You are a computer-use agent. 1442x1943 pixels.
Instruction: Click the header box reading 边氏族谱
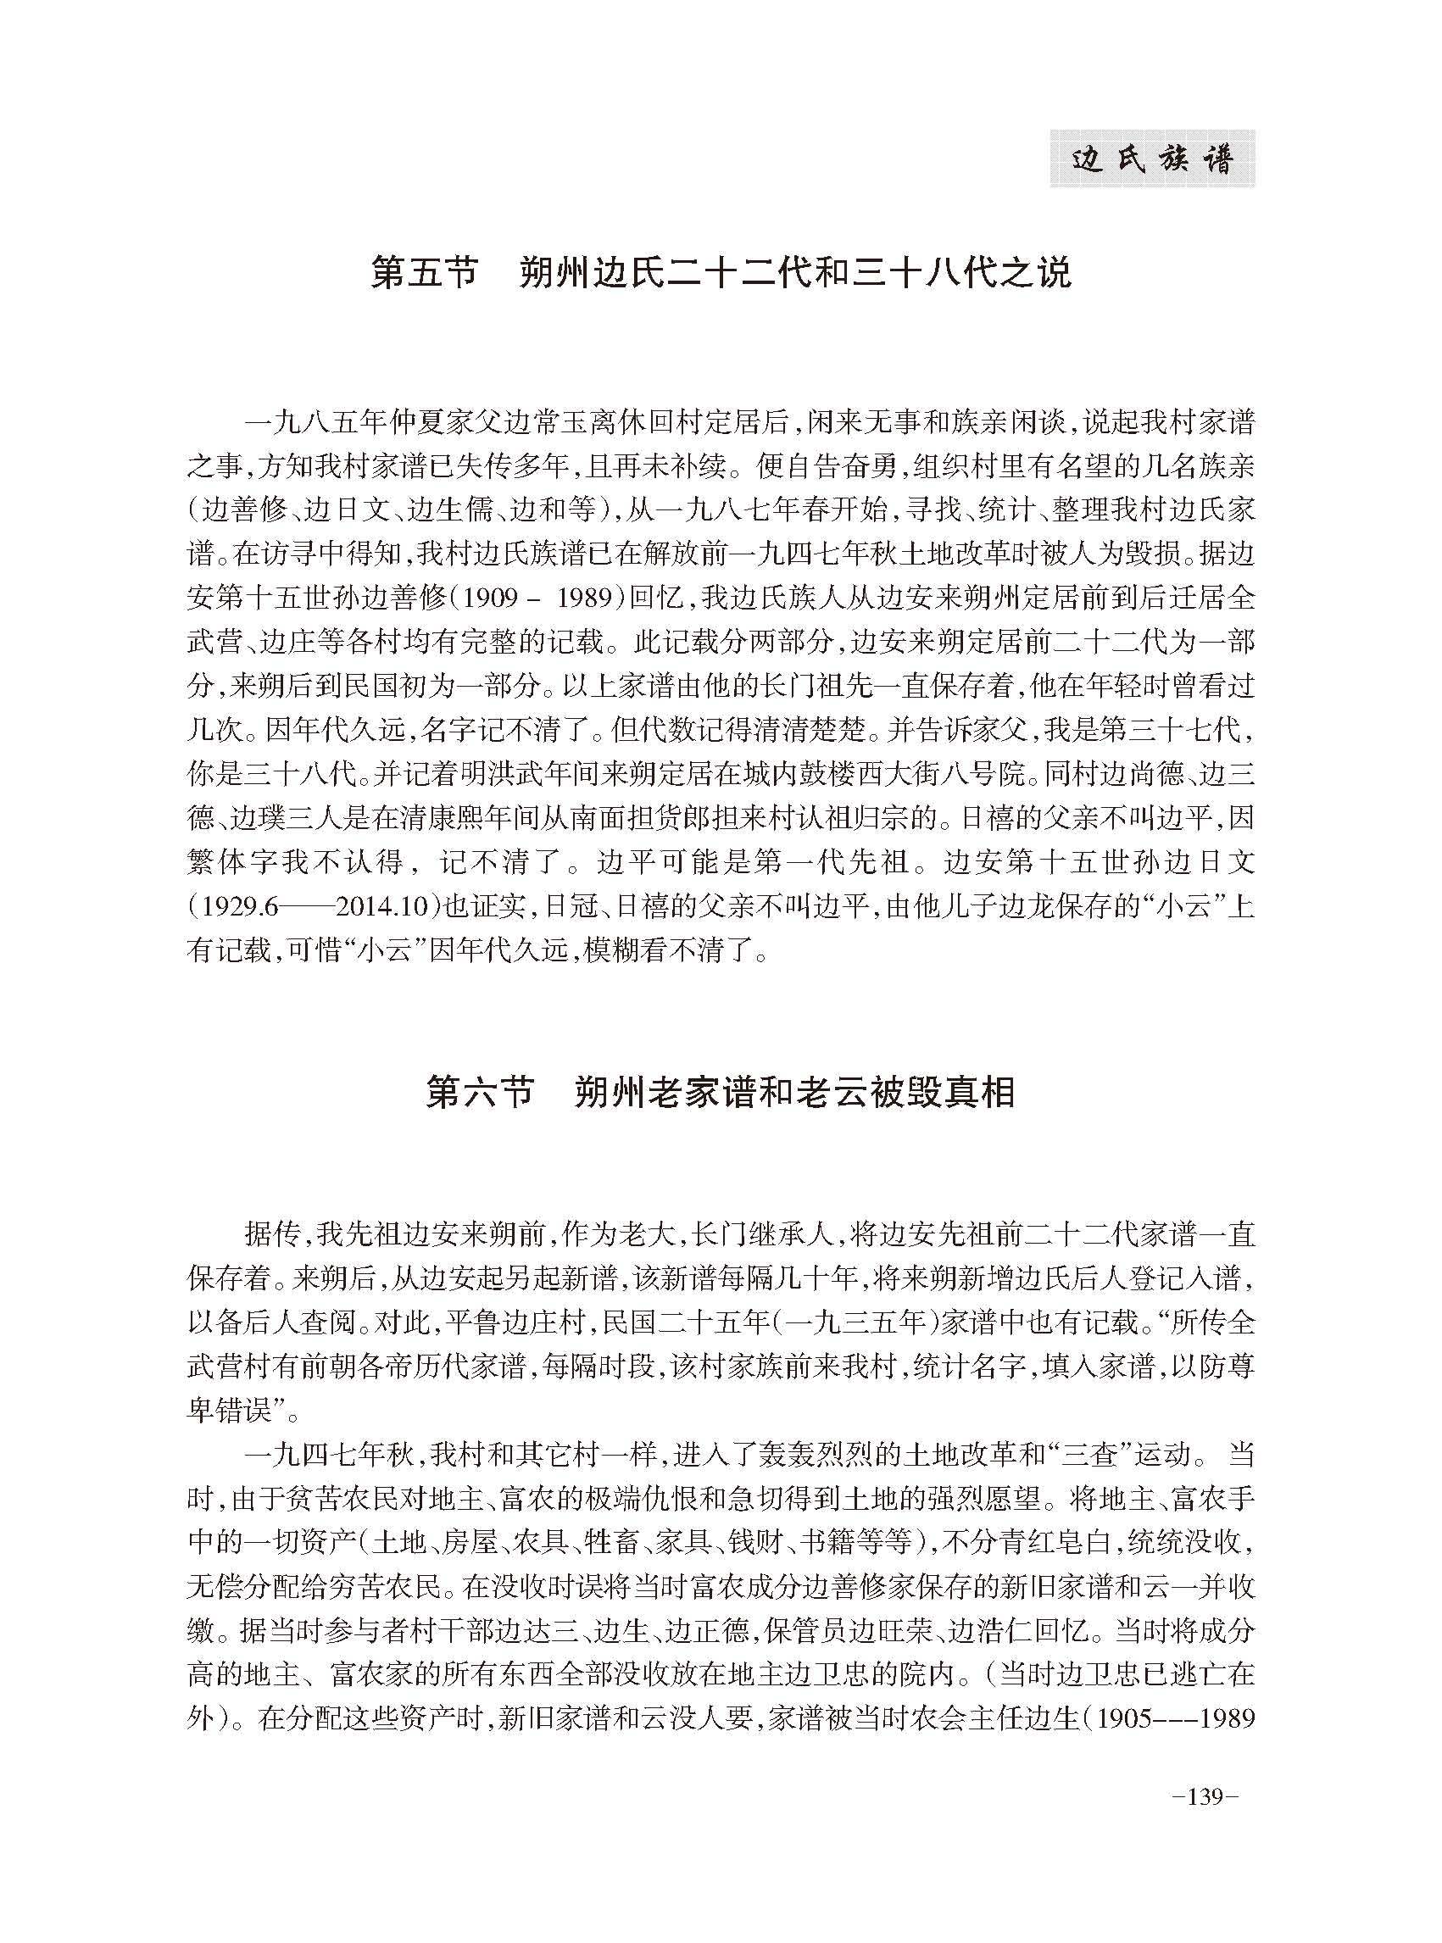click(1151, 159)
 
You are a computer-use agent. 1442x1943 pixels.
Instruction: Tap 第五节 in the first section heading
click(425, 273)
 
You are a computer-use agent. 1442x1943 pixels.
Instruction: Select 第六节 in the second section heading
click(479, 1092)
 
